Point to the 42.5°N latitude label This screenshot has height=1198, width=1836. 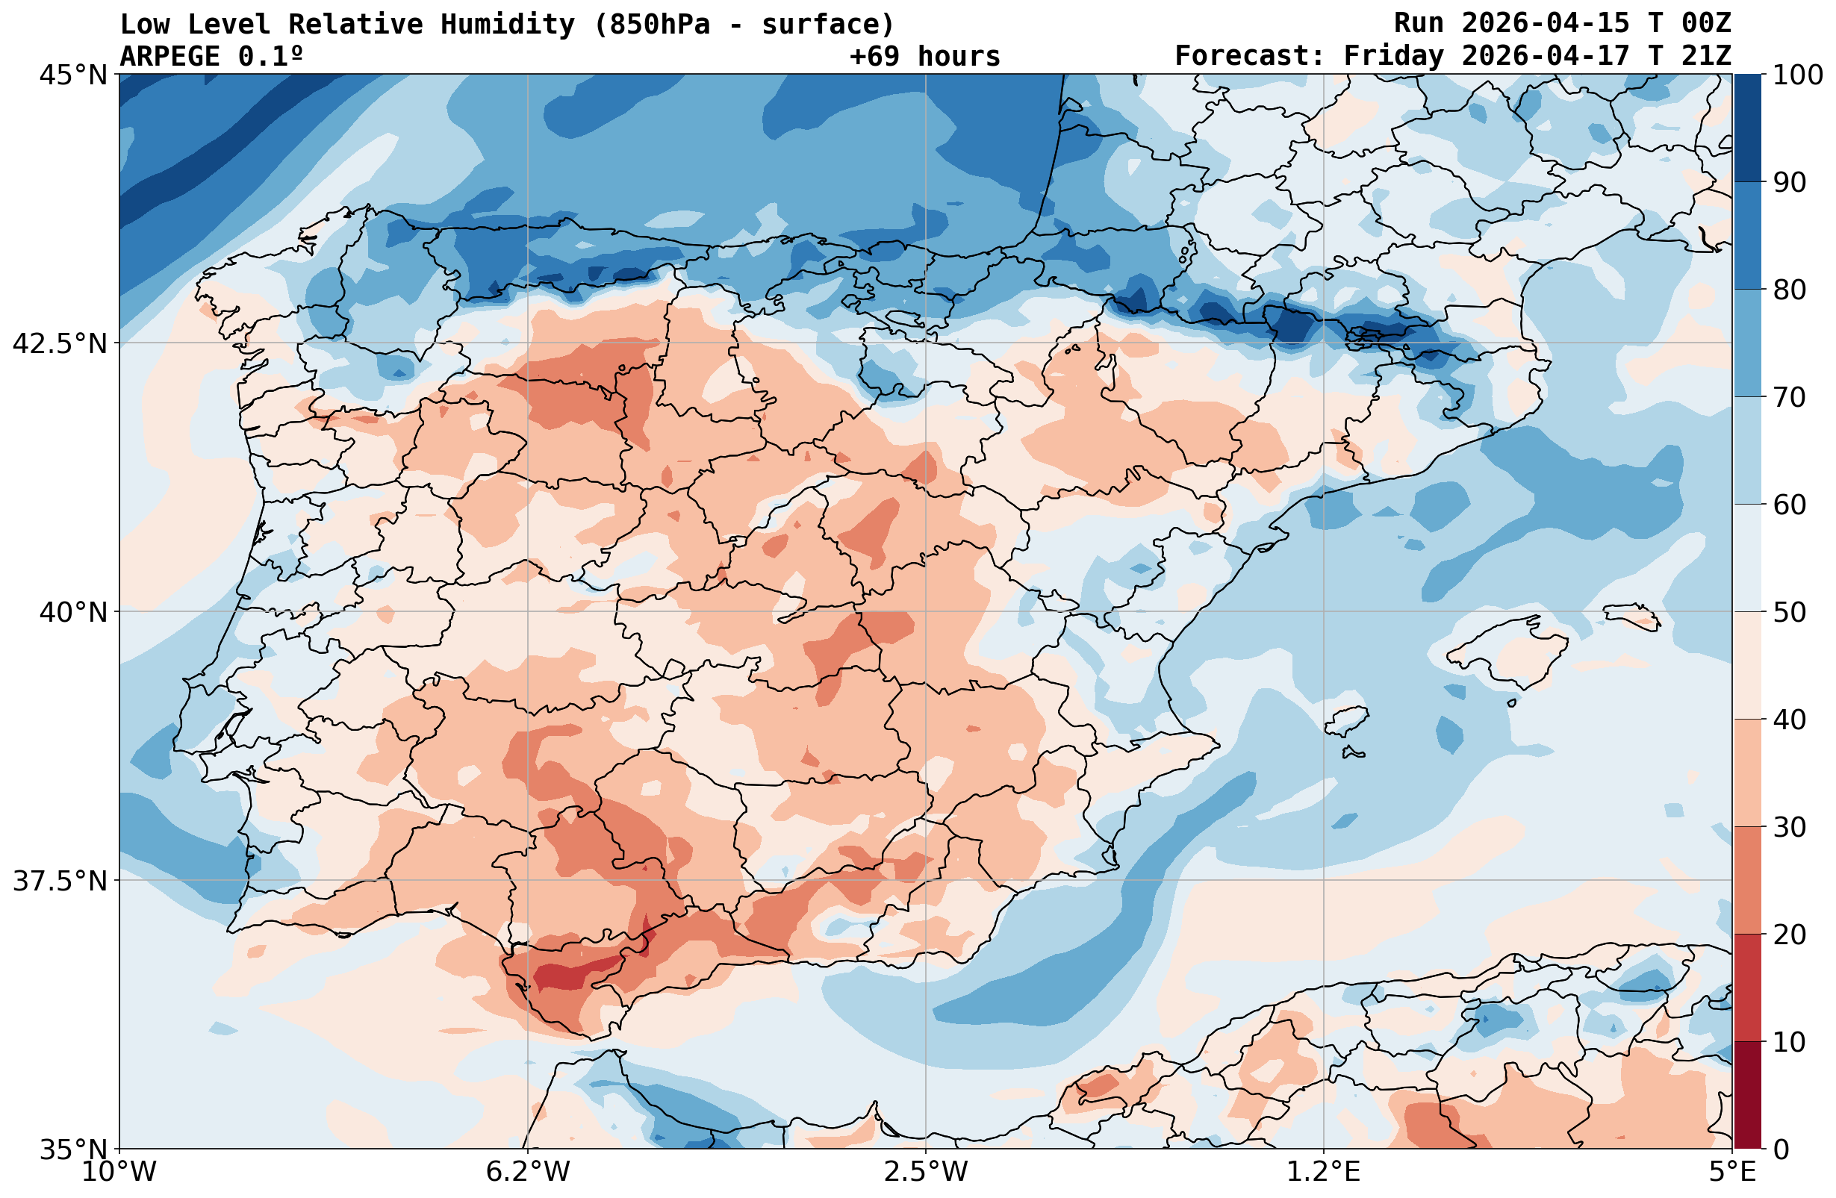point(60,343)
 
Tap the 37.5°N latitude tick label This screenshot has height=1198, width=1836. point(60,880)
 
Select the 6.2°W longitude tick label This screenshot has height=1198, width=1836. point(528,1173)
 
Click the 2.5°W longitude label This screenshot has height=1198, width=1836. point(926,1173)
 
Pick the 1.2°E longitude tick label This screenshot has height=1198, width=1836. point(1324,1173)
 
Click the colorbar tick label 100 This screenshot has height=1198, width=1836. point(1796,75)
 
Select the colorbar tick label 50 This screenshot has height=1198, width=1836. point(1786,613)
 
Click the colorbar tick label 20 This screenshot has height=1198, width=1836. point(1786,935)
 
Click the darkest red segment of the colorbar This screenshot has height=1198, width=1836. point(1747,1096)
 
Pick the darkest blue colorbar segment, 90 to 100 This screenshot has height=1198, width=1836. point(1747,128)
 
